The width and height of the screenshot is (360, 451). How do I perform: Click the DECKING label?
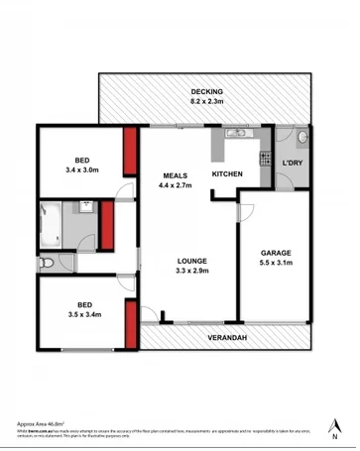point(208,91)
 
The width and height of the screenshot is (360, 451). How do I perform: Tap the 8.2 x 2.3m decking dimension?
point(208,101)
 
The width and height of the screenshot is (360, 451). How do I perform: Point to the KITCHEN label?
point(227,175)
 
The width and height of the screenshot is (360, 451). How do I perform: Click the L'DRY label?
point(293,163)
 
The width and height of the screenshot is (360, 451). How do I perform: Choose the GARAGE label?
point(276,253)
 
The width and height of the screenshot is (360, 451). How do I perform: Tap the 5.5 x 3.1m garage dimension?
point(276,264)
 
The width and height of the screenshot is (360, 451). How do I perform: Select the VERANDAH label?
point(227,336)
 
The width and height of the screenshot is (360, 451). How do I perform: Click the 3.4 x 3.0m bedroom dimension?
point(83,170)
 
